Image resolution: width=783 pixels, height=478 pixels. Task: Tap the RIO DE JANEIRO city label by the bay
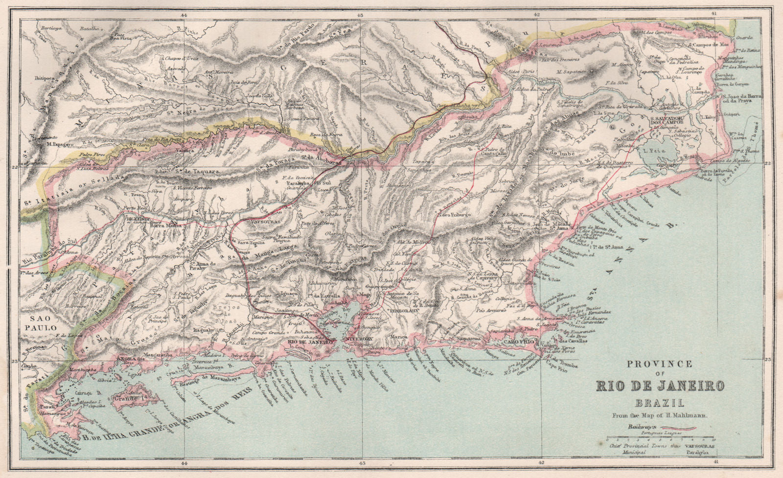point(306,342)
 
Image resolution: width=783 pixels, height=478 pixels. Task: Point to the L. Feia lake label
point(666,152)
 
